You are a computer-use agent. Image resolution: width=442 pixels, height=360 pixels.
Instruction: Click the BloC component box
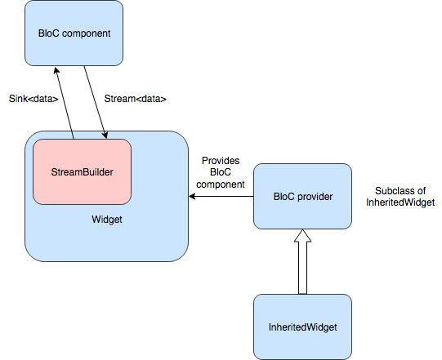[x=74, y=33]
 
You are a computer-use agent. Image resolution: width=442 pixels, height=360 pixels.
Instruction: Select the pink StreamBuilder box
[x=82, y=172]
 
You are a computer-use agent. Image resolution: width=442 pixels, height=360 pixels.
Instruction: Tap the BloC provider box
[x=302, y=196]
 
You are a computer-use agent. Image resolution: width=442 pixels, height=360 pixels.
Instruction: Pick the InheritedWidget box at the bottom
[x=302, y=327]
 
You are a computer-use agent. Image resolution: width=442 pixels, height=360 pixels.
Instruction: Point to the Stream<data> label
[x=136, y=98]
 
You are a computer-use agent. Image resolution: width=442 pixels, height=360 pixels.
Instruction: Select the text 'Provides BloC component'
[x=222, y=172]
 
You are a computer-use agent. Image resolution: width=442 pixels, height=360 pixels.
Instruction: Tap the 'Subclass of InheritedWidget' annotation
[x=400, y=196]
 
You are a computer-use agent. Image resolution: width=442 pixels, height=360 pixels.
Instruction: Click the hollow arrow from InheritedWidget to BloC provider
[x=302, y=265]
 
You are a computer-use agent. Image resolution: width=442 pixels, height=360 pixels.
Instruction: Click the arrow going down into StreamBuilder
[x=95, y=102]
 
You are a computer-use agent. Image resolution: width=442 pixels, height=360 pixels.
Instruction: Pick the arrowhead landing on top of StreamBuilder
[x=104, y=135]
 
